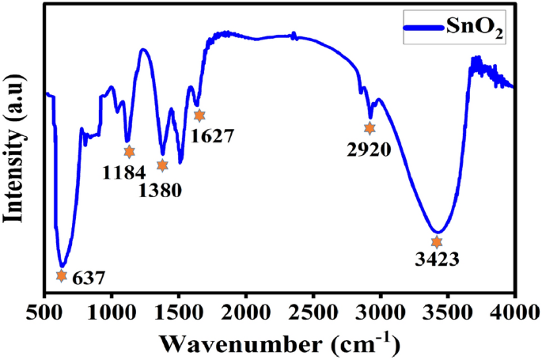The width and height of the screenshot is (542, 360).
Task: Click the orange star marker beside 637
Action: point(62,275)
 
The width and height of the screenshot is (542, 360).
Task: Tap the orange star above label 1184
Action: point(129,152)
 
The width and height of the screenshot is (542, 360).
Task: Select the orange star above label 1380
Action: point(162,165)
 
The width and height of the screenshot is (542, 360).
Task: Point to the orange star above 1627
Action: point(199,116)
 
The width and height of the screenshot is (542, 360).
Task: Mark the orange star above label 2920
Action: point(370,128)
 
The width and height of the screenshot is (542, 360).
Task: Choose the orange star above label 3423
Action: point(436,242)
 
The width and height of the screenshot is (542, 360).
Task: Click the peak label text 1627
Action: point(211,135)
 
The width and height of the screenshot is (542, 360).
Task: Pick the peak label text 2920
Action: point(369,149)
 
